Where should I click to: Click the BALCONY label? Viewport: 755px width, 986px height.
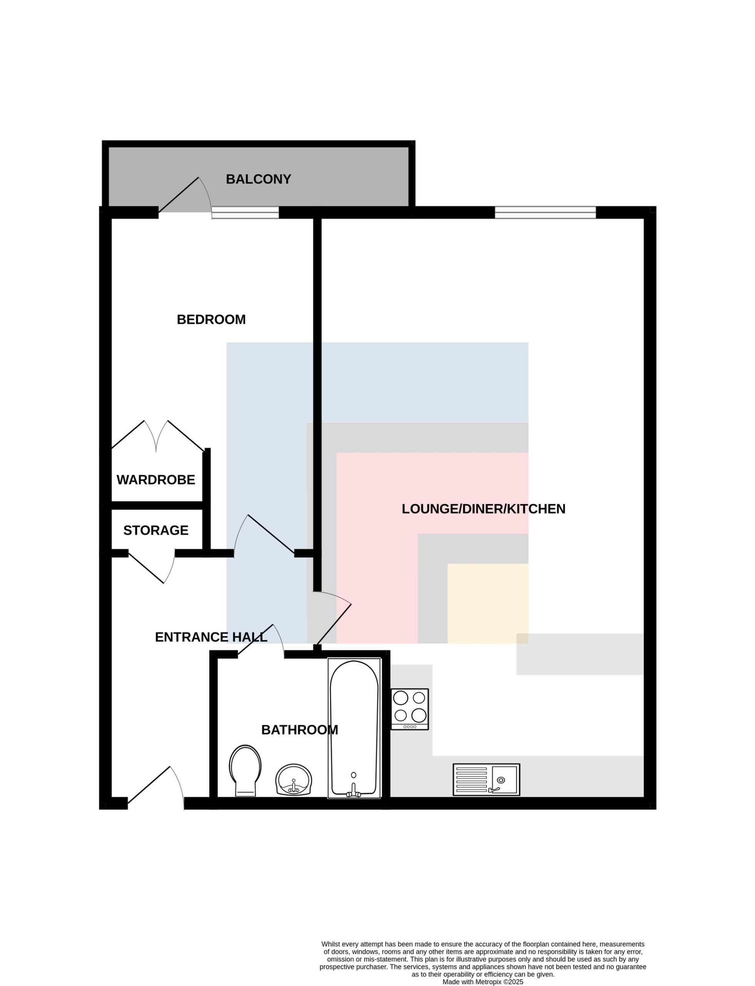[258, 179]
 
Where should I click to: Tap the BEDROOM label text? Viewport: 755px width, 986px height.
[211, 320]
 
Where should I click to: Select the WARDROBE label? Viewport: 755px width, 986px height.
[156, 480]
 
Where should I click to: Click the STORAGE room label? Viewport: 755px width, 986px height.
[156, 530]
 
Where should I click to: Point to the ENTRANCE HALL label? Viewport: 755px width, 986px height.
[211, 637]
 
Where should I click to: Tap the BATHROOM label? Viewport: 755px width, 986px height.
[300, 730]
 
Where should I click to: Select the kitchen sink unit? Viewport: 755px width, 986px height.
[486, 780]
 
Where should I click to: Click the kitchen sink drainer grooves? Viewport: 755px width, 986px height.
[471, 780]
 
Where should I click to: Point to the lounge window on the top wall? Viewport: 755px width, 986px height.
[546, 212]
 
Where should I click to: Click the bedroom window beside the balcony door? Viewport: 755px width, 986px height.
[245, 213]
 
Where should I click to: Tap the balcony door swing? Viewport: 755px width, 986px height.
[185, 195]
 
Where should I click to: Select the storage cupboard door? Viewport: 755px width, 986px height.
[152, 567]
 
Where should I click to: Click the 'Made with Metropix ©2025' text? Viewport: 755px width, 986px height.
[483, 982]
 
